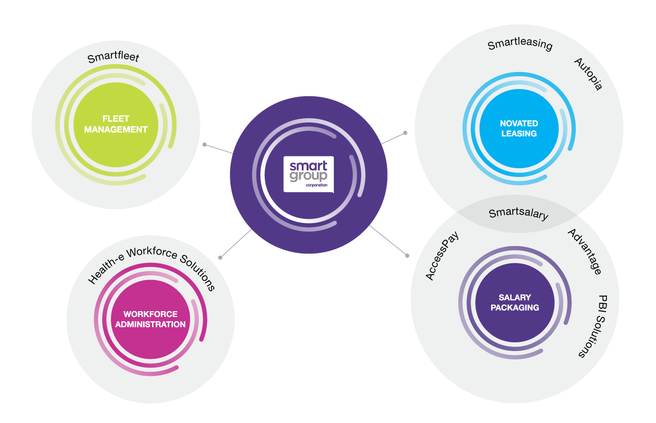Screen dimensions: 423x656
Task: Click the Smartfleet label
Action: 113,58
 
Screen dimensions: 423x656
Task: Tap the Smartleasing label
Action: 520,45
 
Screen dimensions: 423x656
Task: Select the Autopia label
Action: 588,74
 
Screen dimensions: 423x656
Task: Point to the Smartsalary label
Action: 518,214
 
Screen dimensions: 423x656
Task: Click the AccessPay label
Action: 442,255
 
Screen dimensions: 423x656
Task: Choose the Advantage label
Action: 585,251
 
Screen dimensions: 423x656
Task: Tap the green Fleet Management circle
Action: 116,124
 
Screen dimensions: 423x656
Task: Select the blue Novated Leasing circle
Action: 519,128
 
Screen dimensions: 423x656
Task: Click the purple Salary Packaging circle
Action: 515,302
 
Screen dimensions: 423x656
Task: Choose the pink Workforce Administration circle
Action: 150,319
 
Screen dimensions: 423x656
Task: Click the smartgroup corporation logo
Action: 309,174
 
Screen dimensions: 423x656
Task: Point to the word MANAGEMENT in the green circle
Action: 116,130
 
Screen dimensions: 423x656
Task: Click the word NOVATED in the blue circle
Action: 519,123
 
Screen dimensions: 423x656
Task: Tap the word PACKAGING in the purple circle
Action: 515,308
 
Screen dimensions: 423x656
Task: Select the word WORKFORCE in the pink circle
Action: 150,314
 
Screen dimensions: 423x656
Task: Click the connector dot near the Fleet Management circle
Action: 205,144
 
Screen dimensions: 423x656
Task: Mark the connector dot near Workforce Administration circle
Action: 220,257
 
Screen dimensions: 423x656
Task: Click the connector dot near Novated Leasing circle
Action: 405,132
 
